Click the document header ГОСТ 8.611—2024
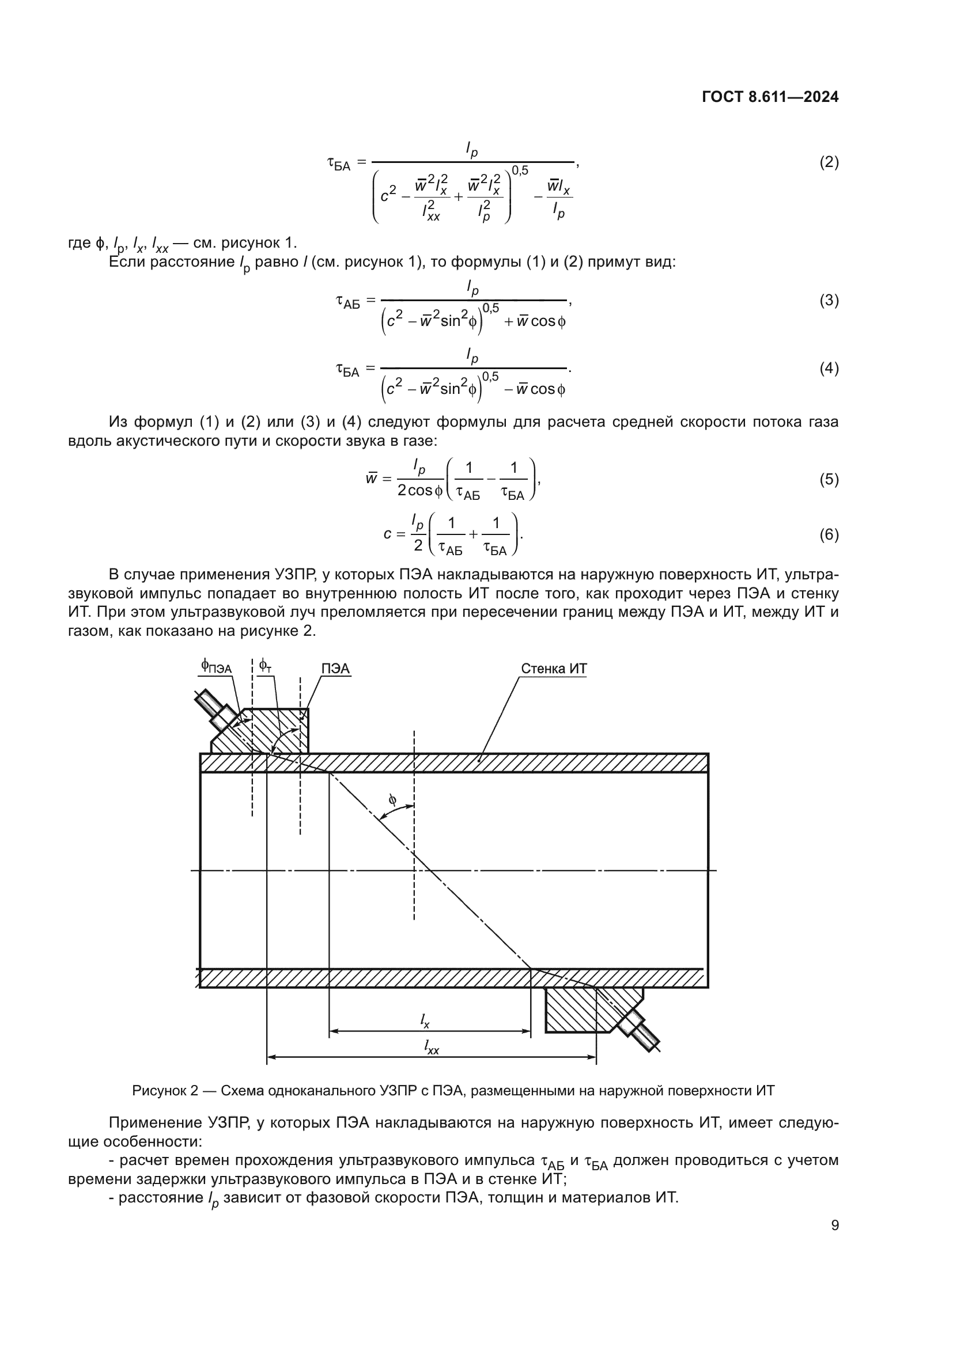pyautogui.click(x=770, y=97)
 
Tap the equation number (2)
pyautogui.click(x=829, y=162)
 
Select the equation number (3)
pyautogui.click(x=829, y=301)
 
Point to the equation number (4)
pyautogui.click(x=829, y=369)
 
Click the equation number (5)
pyautogui.click(x=829, y=479)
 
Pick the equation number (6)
pyautogui.click(x=829, y=534)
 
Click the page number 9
pyautogui.click(x=835, y=1225)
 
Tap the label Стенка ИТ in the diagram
pyautogui.click(x=553, y=669)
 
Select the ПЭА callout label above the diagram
pyautogui.click(x=335, y=669)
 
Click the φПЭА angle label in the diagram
pyautogui.click(x=216, y=666)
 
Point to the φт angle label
pyautogui.click(x=265, y=666)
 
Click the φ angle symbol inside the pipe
pyautogui.click(x=392, y=799)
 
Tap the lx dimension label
pyautogui.click(x=425, y=1021)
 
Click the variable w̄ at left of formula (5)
pyautogui.click(x=371, y=479)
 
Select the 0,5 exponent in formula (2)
pyautogui.click(x=520, y=170)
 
